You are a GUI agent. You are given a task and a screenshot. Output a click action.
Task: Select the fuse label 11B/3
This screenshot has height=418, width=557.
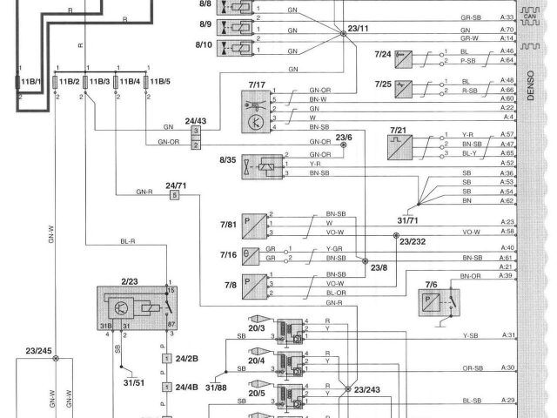point(97,82)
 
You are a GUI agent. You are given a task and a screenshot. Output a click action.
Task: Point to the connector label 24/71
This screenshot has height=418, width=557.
point(177,185)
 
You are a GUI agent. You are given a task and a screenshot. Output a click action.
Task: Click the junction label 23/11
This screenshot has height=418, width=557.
point(358,30)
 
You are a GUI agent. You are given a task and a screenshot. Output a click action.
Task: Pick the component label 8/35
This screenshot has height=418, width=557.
point(230,160)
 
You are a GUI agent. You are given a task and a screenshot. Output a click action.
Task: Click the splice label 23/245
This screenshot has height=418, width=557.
point(38,351)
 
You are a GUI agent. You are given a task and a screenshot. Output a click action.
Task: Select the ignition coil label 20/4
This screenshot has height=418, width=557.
point(256,359)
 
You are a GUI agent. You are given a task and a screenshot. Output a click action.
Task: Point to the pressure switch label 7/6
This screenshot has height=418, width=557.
point(432,285)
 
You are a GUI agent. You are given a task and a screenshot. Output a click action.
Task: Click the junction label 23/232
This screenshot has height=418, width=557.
point(413,241)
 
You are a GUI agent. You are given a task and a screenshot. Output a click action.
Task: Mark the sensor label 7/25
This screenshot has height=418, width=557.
point(384,84)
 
